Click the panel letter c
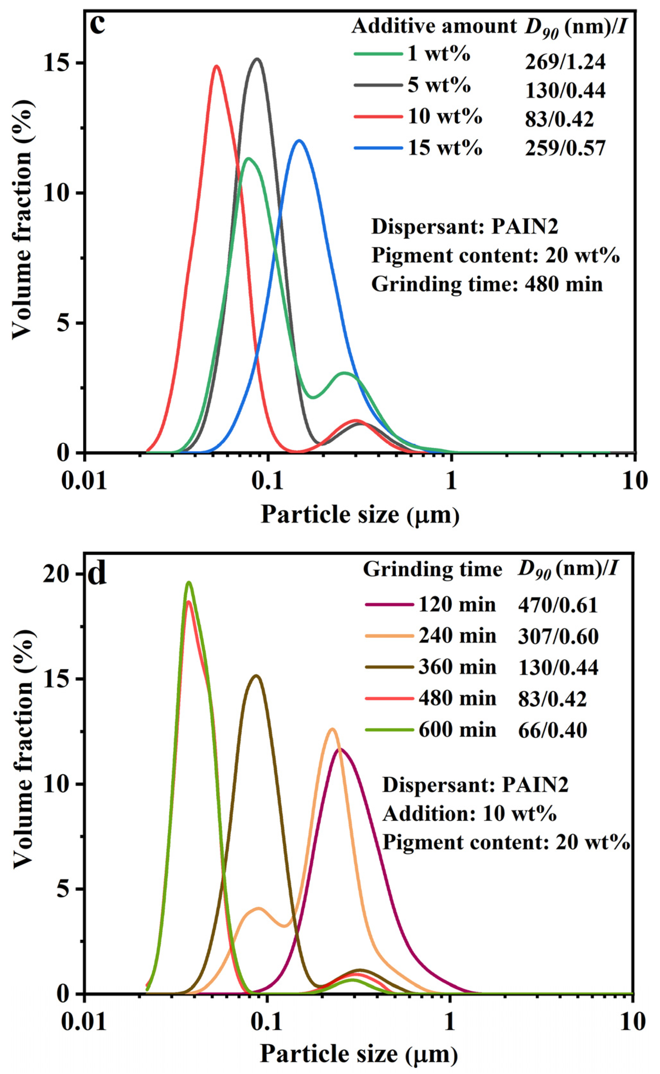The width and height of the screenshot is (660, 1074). pyautogui.click(x=98, y=25)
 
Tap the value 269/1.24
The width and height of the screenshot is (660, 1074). pyautogui.click(x=565, y=62)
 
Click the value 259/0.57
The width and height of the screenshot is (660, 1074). pyautogui.click(x=565, y=148)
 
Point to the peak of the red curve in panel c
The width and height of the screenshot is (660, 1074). pyautogui.click(x=216, y=66)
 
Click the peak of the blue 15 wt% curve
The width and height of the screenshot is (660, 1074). pyautogui.click(x=299, y=141)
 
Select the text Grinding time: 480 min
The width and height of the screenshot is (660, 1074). pyautogui.click(x=487, y=284)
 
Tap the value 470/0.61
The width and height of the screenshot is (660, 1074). pyautogui.click(x=558, y=605)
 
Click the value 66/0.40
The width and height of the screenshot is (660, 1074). pyautogui.click(x=552, y=730)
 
